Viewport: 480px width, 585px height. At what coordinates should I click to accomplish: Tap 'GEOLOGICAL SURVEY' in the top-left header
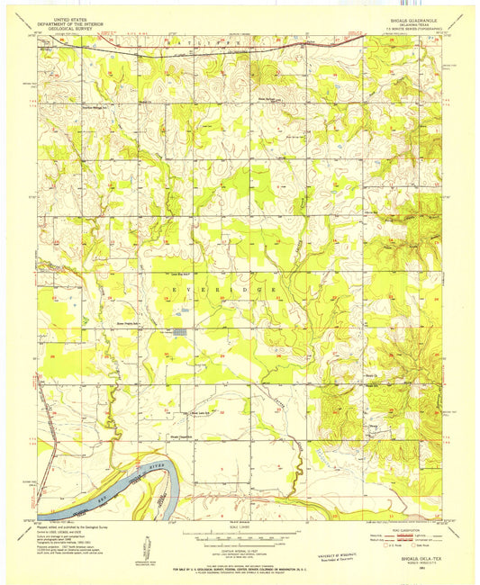point(71,28)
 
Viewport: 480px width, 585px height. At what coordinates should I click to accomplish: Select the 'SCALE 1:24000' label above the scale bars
point(240,529)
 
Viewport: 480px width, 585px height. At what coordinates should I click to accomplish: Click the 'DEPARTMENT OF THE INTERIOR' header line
point(71,22)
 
